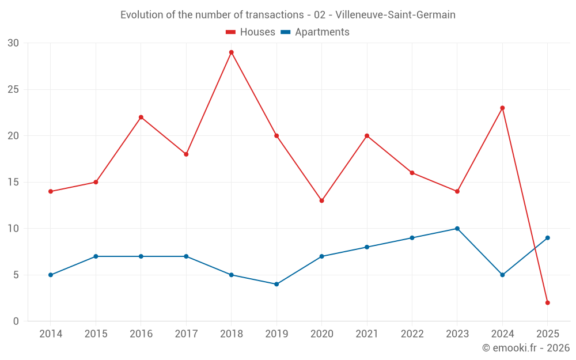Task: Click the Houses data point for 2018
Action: coord(231,52)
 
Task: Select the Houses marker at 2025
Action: coord(547,302)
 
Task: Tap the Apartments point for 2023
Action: coord(457,229)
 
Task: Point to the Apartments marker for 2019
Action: coord(276,284)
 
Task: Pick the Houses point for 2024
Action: coord(502,108)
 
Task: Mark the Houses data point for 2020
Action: coord(321,200)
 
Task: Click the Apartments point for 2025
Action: coord(547,238)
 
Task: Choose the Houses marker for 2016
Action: coord(141,117)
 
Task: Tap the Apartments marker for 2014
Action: coord(51,275)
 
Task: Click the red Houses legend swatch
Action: coord(231,32)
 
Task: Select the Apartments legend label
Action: coord(322,32)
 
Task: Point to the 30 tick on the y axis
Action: coord(13,43)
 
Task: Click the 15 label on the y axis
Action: coord(13,182)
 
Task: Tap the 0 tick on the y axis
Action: coord(16,321)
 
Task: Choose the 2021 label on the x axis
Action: coord(367,334)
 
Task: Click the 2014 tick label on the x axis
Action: coord(51,334)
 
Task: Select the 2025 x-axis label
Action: coord(547,334)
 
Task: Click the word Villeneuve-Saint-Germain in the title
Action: coord(395,15)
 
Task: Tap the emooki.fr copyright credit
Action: coord(526,348)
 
